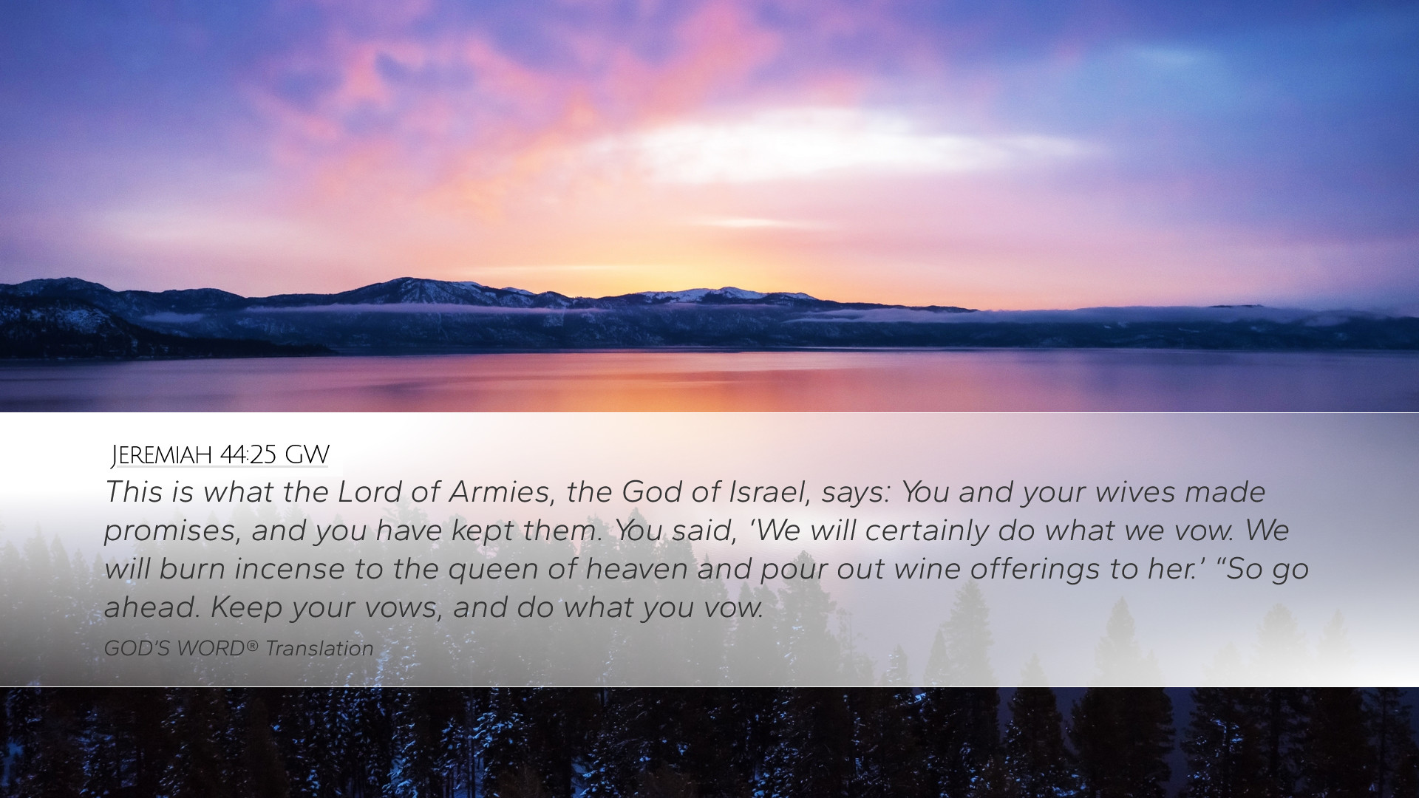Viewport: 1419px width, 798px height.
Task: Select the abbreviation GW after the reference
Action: click(307, 455)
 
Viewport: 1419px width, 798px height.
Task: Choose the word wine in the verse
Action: click(927, 570)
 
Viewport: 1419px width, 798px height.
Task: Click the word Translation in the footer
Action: click(319, 649)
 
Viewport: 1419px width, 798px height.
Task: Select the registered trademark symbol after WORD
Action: click(252, 645)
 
